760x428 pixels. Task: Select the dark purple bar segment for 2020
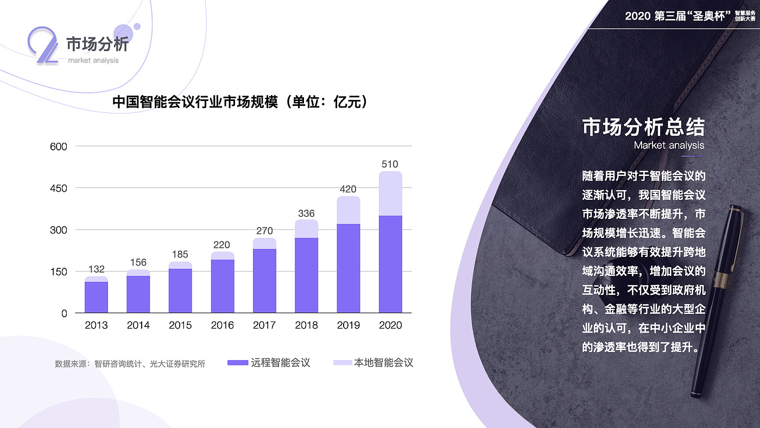click(x=390, y=264)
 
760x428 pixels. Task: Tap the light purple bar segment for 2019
click(x=349, y=210)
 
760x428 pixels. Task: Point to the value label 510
click(x=390, y=164)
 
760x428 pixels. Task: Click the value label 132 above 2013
click(x=96, y=269)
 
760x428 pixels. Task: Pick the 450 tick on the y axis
click(x=58, y=188)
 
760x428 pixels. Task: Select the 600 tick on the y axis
click(x=58, y=147)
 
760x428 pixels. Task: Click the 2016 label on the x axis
click(x=223, y=325)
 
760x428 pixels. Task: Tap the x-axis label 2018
click(x=306, y=325)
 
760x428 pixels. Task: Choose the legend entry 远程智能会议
click(x=269, y=363)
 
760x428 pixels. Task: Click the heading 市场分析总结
click(x=643, y=128)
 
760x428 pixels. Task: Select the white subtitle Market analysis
click(x=669, y=146)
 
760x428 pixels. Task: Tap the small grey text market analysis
click(x=93, y=60)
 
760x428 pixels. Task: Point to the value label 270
click(x=264, y=231)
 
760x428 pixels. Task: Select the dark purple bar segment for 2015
click(x=180, y=291)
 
